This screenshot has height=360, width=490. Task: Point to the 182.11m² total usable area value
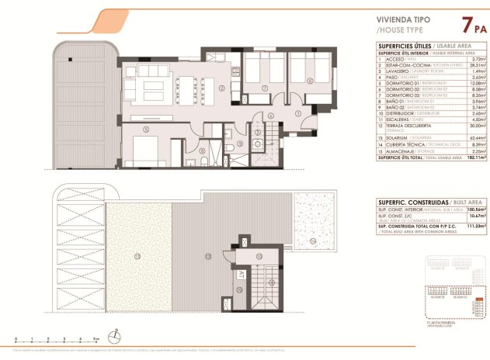(x=476, y=157)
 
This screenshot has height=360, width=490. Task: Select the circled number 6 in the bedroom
(x=310, y=81)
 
